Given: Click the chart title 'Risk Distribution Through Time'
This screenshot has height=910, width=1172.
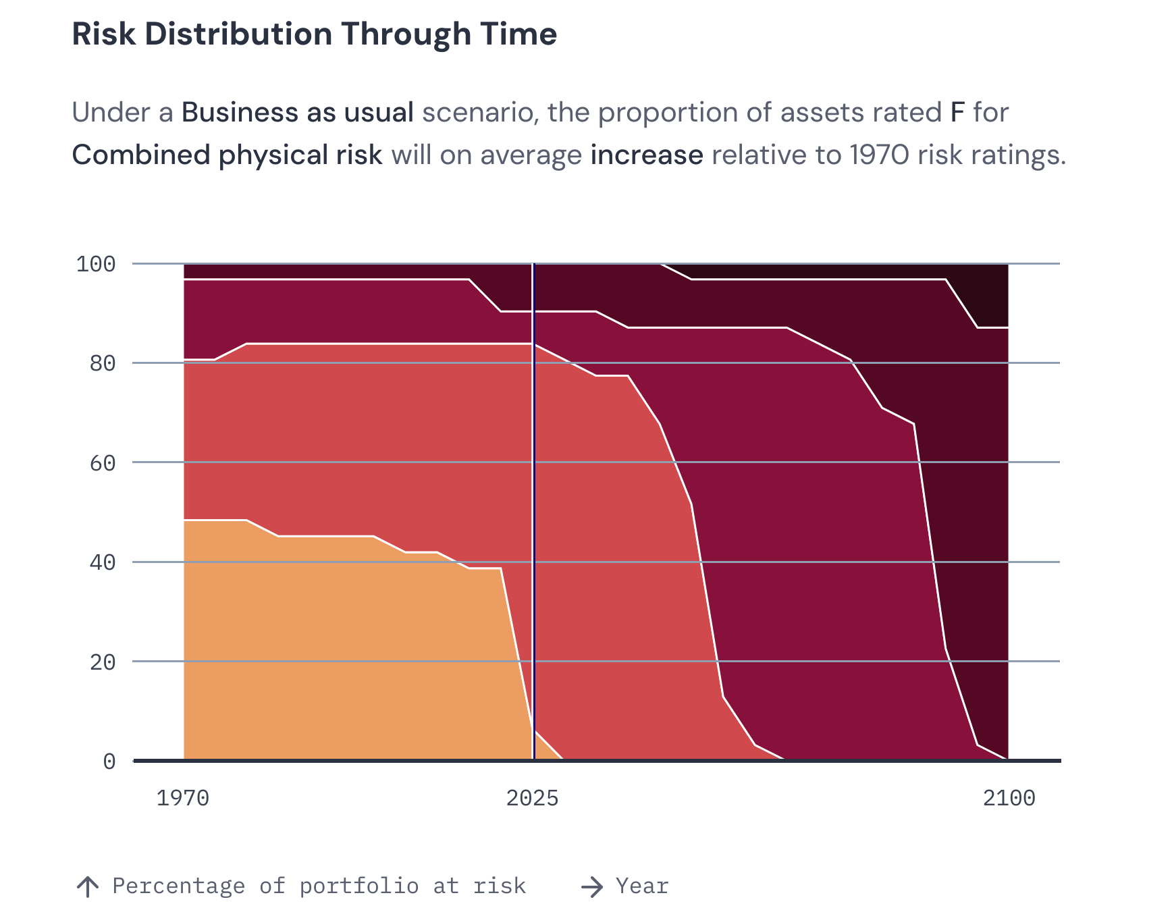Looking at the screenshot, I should click(x=314, y=34).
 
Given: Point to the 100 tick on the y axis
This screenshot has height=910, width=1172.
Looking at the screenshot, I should click(x=96, y=264).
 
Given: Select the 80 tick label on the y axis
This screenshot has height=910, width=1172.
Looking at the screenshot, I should click(x=103, y=363).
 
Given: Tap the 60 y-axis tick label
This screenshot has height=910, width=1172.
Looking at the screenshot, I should click(x=103, y=463).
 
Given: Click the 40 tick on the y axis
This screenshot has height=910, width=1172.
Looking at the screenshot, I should click(x=103, y=562).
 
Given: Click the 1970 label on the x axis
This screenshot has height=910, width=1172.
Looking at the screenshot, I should click(x=183, y=799).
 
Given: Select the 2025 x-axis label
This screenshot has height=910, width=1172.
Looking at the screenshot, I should click(x=533, y=799).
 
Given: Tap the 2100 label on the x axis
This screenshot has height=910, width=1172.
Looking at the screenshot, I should click(x=1009, y=799).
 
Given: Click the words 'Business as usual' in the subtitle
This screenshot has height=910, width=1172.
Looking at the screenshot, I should click(x=298, y=113).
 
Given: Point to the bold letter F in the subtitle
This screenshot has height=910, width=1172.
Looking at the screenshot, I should click(x=957, y=113).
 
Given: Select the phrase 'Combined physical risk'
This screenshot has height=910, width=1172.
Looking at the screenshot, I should click(x=227, y=155).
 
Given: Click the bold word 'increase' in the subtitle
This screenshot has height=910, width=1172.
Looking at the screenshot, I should click(x=647, y=155).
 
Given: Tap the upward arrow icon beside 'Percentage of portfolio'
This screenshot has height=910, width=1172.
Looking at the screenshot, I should click(x=88, y=886).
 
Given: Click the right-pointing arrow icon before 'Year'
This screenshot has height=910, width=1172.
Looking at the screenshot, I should click(x=592, y=886).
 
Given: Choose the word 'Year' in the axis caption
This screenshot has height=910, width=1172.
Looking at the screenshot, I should click(x=642, y=886).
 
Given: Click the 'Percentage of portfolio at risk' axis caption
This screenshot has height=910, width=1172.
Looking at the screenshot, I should click(x=319, y=886).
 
